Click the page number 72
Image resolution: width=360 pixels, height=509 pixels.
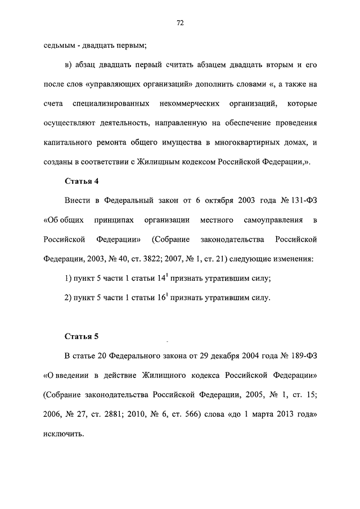pos(180,23)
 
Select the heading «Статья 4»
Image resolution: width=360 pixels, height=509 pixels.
pos(81,181)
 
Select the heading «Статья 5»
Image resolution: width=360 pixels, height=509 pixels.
pos(81,336)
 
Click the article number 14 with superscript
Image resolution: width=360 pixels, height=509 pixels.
pos(168,279)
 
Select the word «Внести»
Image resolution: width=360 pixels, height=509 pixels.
pos(77,201)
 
